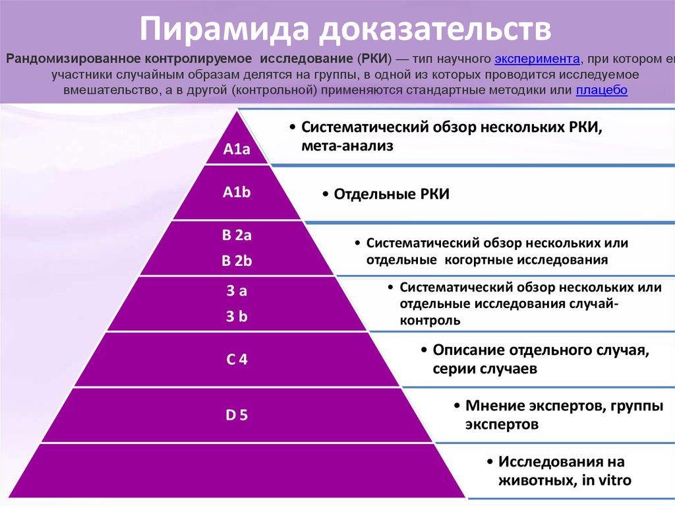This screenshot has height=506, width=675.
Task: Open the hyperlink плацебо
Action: pyautogui.click(x=601, y=90)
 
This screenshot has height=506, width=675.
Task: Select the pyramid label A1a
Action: pyautogui.click(x=237, y=150)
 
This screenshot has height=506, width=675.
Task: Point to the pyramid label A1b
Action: pyautogui.click(x=237, y=193)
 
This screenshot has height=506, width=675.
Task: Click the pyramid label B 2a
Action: pyautogui.click(x=237, y=236)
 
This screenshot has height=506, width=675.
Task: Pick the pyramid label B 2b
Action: pyautogui.click(x=237, y=261)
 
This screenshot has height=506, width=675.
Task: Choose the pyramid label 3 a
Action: pyautogui.click(x=237, y=291)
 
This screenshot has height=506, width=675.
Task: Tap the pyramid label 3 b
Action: pyautogui.click(x=237, y=317)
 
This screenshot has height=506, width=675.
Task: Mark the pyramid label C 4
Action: pyautogui.click(x=237, y=360)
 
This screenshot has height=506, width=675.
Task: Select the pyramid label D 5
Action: pyautogui.click(x=237, y=416)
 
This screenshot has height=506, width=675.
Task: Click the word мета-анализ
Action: pyautogui.click(x=347, y=146)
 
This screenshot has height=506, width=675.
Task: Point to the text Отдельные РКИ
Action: pyautogui.click(x=392, y=195)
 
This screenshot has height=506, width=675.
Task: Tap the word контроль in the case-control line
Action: pyautogui.click(x=429, y=321)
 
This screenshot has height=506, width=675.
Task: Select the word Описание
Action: pyautogui.click(x=469, y=350)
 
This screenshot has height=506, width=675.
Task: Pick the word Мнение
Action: pyautogui.click(x=492, y=405)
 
